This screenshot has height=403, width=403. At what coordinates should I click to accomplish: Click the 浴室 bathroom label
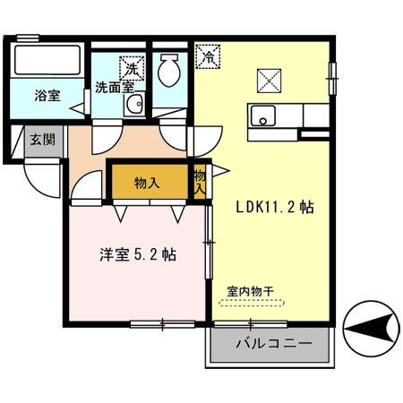(48, 96)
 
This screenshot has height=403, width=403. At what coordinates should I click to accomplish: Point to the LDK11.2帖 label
(274, 205)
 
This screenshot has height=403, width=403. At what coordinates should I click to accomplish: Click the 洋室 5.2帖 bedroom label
(137, 254)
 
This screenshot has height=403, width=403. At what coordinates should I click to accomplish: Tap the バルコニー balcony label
(274, 344)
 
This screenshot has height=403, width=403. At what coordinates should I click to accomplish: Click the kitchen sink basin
(264, 116)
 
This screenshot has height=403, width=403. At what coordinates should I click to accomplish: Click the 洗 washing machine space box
(133, 67)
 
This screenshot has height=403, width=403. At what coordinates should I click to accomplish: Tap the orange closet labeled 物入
(149, 183)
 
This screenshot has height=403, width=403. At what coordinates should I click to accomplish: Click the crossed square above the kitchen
(269, 80)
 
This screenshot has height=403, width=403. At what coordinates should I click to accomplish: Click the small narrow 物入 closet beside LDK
(200, 183)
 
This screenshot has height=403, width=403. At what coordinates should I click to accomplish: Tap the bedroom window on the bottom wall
(162, 322)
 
